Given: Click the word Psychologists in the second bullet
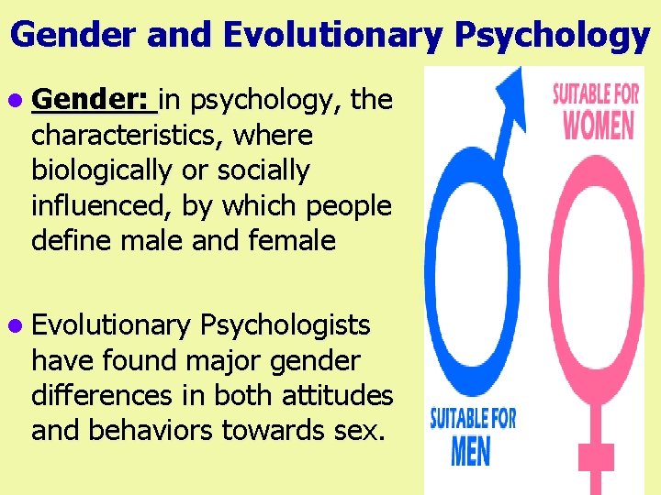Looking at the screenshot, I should tap(285, 325).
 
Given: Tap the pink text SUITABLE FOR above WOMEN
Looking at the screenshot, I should tap(598, 93).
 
